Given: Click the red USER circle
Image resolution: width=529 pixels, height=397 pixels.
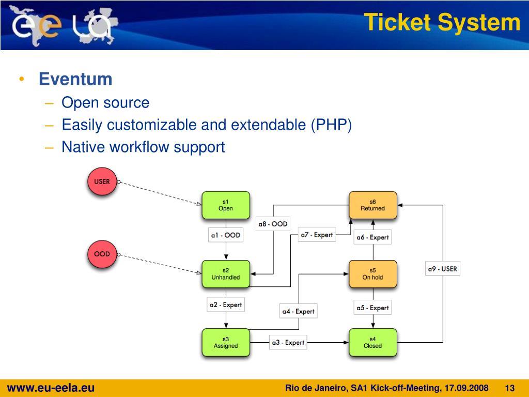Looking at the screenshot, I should (102, 182).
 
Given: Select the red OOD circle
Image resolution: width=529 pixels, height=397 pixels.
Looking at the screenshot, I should (102, 254).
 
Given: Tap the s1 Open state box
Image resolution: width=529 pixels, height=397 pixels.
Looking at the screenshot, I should (226, 205).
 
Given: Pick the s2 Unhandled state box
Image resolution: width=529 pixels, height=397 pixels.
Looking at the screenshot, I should (226, 274).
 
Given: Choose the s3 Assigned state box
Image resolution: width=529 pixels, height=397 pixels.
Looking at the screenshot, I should (226, 342).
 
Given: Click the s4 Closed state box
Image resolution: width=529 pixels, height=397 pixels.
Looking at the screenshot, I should (372, 342).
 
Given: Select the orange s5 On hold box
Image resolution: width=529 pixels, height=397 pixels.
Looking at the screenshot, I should (372, 274).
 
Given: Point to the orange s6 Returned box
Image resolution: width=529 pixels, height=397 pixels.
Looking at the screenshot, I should (372, 205).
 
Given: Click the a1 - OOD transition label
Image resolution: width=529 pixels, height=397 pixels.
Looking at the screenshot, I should (226, 235).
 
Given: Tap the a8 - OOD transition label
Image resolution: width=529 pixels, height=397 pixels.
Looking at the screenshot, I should (273, 224).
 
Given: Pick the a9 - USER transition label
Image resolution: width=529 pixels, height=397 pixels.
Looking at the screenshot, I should (442, 269).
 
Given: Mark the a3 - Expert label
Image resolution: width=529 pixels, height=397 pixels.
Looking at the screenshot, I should (288, 342).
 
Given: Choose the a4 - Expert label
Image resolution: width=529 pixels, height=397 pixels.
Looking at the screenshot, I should (298, 311).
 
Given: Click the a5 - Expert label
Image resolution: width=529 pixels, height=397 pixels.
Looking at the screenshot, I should (372, 308).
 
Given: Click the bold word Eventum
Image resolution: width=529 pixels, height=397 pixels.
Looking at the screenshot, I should (76, 79).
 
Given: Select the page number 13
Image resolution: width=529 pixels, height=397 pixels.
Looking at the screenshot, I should (510, 388).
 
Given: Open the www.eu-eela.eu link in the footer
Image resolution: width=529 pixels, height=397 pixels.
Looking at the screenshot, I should (51, 388).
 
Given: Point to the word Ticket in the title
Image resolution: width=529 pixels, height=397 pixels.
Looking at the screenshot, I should (397, 23).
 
